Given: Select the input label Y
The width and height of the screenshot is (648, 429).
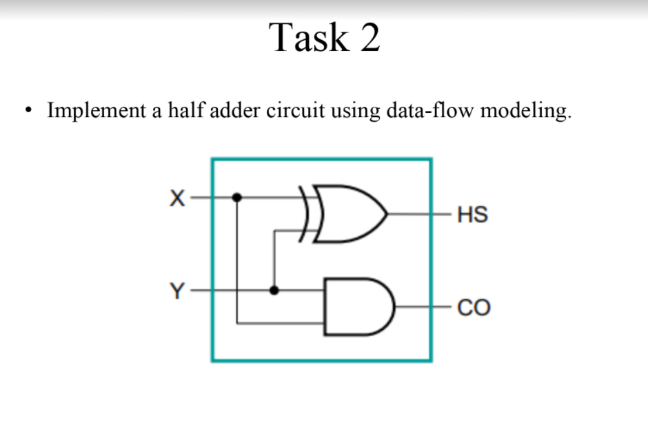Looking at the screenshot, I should (178, 291).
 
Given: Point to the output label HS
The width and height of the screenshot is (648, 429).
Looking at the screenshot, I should (472, 215).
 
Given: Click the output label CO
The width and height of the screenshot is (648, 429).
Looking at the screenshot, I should (474, 308).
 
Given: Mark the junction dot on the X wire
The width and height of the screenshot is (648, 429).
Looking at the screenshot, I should (236, 198).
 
